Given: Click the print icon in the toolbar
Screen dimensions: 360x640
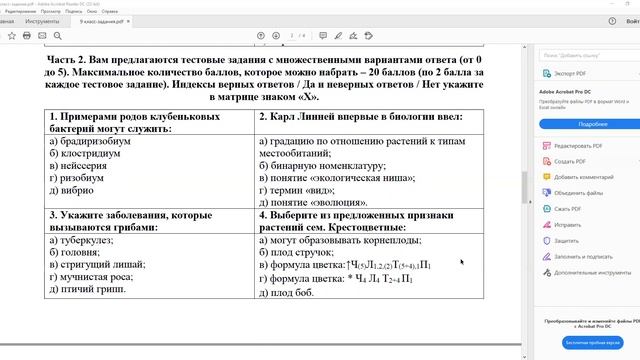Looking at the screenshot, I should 27,36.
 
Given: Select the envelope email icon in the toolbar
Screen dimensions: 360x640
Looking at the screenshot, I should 43,36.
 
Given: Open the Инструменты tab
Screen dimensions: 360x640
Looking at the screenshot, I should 43,20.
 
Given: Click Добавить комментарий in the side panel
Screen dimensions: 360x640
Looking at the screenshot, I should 596,175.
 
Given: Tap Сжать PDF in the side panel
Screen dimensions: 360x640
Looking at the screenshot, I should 574,208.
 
